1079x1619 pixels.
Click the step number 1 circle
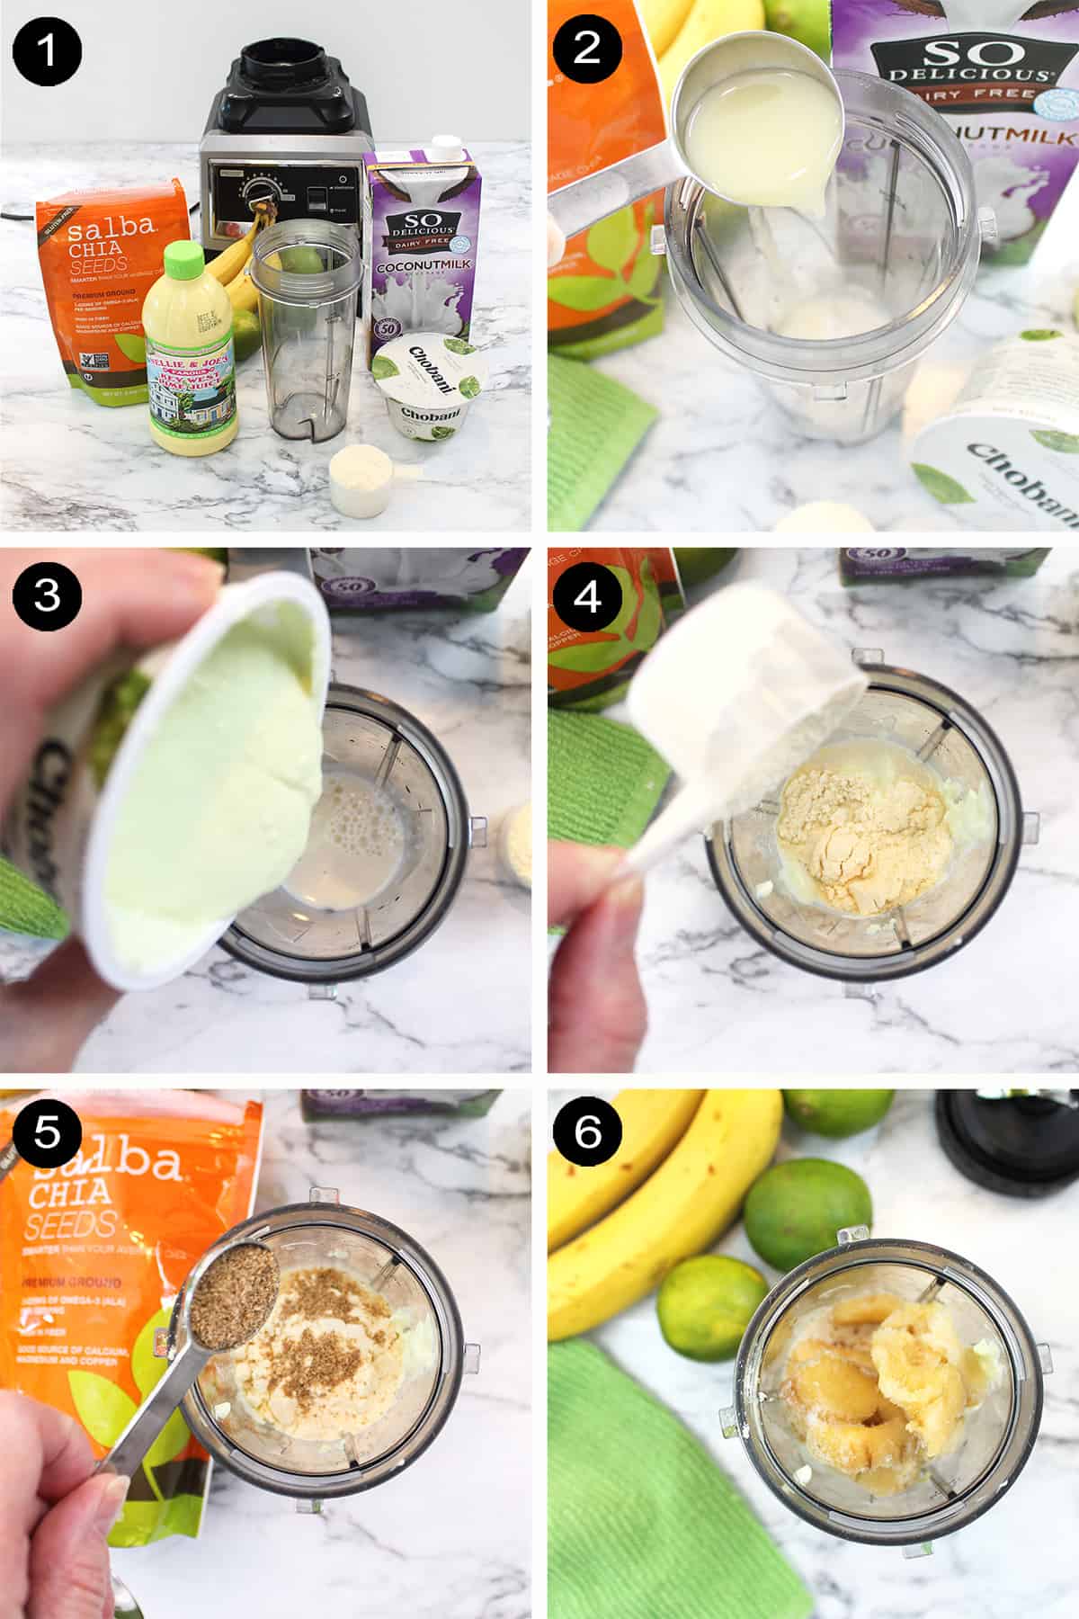[47, 47]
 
